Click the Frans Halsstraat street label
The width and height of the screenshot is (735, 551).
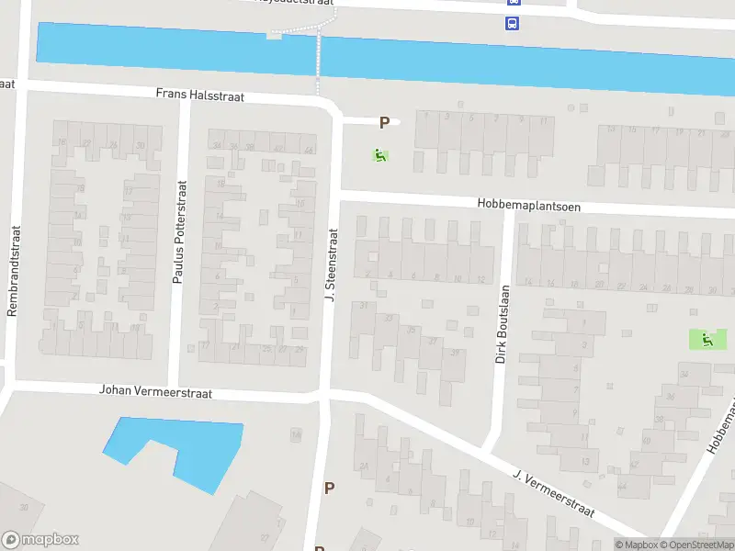(199, 95)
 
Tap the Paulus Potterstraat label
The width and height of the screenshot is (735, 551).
(179, 231)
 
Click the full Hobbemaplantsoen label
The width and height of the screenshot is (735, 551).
(528, 206)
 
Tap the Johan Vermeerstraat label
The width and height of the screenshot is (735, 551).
(155, 392)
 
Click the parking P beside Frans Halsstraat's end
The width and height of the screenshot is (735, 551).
(385, 122)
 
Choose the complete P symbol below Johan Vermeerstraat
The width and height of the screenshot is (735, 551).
(329, 488)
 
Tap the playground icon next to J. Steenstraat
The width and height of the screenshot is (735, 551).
(379, 155)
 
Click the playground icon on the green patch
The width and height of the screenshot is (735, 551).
(707, 340)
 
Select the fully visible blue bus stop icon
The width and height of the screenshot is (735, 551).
(511, 23)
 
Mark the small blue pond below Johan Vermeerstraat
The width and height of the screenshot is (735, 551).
(184, 450)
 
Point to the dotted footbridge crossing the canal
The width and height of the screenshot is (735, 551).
(319, 55)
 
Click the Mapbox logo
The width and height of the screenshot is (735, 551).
(40, 540)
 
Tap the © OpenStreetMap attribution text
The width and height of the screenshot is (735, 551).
(695, 545)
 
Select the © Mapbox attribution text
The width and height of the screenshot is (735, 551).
(636, 545)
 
